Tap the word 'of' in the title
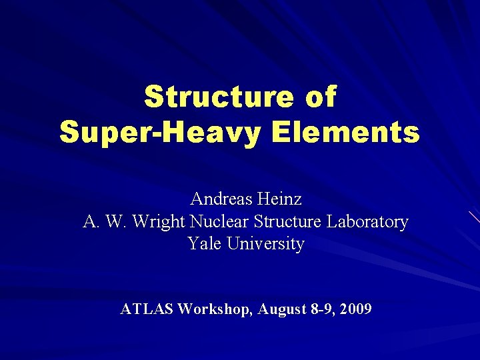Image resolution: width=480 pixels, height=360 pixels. pyautogui.click(x=321, y=97)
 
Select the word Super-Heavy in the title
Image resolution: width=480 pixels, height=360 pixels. pyautogui.click(x=163, y=132)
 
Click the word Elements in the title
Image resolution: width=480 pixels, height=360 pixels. pyautogui.click(x=347, y=132)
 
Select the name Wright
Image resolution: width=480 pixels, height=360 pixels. pyautogui.click(x=160, y=221)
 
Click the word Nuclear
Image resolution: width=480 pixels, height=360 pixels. pyautogui.click(x=219, y=221)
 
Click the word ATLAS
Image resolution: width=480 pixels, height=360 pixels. pyautogui.click(x=147, y=309)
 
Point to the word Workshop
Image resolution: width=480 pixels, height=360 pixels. pyautogui.click(x=215, y=309)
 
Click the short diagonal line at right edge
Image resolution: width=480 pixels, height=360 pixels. pyautogui.click(x=473, y=216)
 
